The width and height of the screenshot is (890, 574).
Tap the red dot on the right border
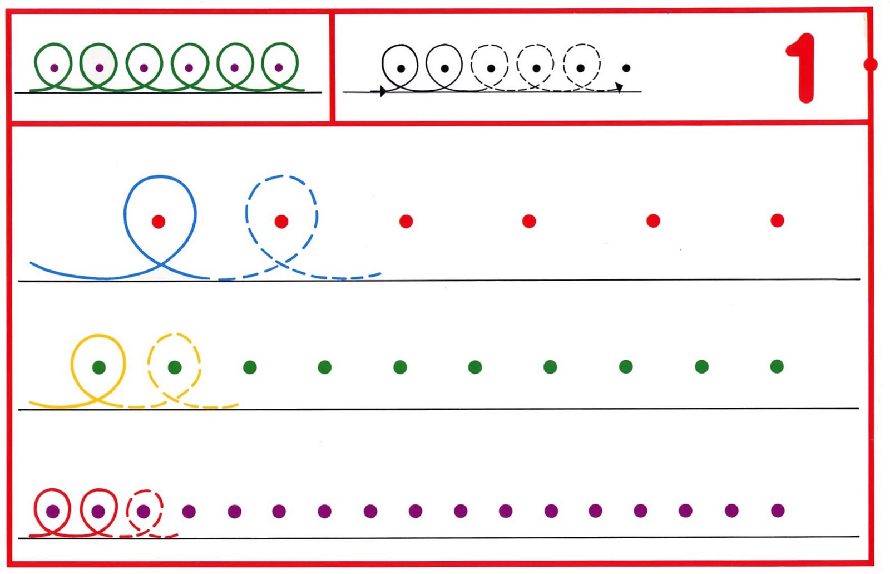[871, 65]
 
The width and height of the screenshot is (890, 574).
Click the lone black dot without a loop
[626, 68]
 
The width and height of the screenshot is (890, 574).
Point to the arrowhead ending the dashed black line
[619, 87]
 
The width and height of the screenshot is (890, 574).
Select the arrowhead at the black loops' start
[383, 91]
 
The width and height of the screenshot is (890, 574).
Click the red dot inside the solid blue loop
[159, 222]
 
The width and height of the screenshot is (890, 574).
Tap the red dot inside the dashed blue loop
[281, 222]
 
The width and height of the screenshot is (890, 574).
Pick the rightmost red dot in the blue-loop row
[777, 221]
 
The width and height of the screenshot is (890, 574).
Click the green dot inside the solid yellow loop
[99, 367]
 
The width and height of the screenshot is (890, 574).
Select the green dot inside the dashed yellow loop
[175, 367]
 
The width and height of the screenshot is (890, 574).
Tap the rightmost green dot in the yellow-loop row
[777, 366]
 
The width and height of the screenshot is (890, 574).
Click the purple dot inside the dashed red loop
[144, 511]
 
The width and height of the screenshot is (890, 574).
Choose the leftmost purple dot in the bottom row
[53, 511]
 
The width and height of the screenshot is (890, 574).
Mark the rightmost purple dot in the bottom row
[778, 510]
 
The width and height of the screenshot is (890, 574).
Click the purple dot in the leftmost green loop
[54, 68]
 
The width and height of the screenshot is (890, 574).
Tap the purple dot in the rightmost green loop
[279, 68]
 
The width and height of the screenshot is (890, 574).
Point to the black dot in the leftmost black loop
[400, 68]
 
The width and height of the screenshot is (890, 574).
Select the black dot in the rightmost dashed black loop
[581, 68]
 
